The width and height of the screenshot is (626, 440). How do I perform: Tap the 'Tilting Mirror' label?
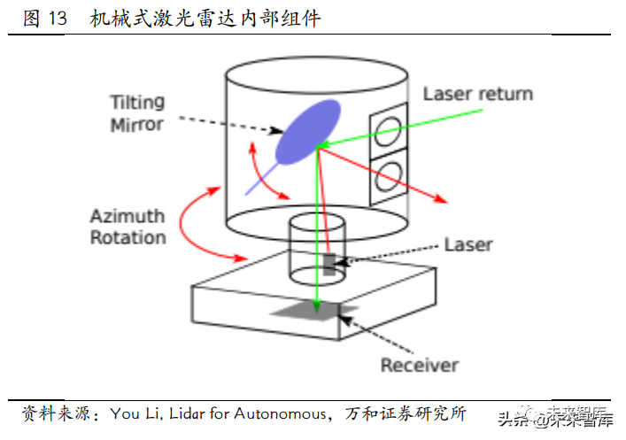[136, 112]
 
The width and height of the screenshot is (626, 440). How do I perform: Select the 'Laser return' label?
[477, 94]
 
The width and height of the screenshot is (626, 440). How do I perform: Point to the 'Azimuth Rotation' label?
[128, 227]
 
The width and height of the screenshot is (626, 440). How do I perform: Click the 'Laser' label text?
[468, 244]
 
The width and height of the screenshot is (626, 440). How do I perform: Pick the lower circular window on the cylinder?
[386, 176]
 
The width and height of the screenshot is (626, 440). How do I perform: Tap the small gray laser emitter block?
[329, 263]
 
